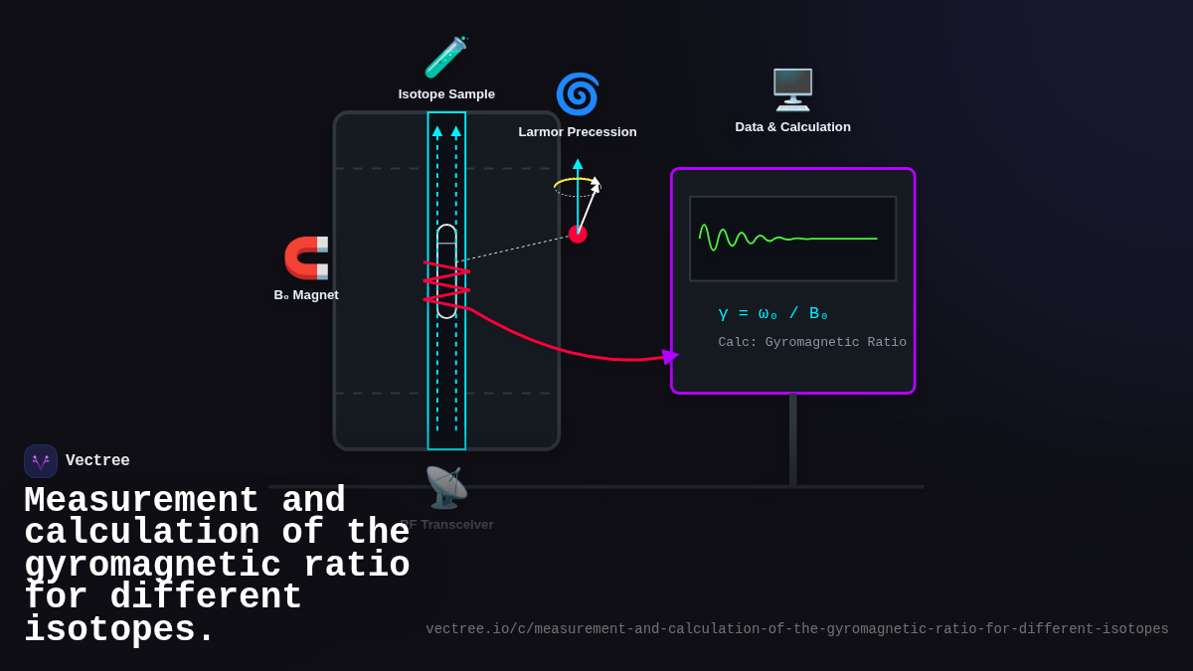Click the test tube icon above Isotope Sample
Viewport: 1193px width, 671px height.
[x=445, y=57]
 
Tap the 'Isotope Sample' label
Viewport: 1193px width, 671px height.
[x=446, y=94]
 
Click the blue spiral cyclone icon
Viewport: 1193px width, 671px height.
[x=578, y=94]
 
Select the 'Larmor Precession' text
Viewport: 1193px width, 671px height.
[x=578, y=132]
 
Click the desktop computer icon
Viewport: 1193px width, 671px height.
[x=792, y=89]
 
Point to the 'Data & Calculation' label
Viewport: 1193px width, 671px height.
[x=792, y=127]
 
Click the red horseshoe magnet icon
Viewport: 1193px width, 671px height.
[x=306, y=257]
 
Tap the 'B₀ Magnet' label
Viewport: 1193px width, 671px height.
[x=306, y=295]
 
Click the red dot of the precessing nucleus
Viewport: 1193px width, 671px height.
[x=578, y=235]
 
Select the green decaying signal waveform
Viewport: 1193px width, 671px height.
[x=756, y=239]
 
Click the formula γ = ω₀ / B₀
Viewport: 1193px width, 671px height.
[x=772, y=314]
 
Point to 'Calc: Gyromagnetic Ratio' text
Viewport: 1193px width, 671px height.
[x=812, y=343]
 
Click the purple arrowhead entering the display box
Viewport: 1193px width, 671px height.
[x=670, y=356]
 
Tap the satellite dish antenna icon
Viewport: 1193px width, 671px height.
[x=446, y=487]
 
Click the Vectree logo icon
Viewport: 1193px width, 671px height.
[x=41, y=461]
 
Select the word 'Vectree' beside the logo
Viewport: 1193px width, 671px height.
[x=97, y=461]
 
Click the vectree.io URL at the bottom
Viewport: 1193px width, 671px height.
[x=797, y=629]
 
